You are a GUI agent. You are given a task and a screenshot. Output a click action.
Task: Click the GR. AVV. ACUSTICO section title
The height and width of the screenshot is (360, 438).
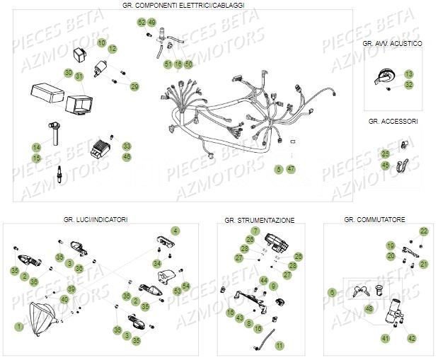[393, 44]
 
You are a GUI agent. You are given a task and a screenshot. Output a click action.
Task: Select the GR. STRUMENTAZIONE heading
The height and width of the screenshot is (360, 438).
[260, 221]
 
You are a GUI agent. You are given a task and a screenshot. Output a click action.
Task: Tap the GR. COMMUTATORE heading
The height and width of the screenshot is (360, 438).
[375, 220]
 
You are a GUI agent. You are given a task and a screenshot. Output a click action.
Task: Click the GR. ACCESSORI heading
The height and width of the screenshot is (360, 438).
[393, 122]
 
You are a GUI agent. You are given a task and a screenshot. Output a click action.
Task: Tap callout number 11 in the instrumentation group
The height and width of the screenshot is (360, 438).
[279, 345]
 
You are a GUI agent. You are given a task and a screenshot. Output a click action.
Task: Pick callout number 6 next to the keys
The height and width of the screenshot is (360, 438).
[333, 292]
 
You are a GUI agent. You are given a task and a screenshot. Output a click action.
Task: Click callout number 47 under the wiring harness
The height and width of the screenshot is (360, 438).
[291, 169]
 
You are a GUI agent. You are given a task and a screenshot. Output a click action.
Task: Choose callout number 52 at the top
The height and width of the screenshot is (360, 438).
[142, 23]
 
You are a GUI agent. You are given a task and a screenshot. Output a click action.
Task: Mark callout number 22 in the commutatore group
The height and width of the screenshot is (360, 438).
[424, 231]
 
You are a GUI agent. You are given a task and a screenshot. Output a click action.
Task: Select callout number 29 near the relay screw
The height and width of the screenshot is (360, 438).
[134, 86]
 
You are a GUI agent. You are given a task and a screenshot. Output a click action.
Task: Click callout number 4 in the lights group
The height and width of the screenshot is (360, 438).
[175, 231]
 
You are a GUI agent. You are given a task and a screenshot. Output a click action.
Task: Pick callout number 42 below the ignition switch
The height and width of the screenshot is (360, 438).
[411, 338]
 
